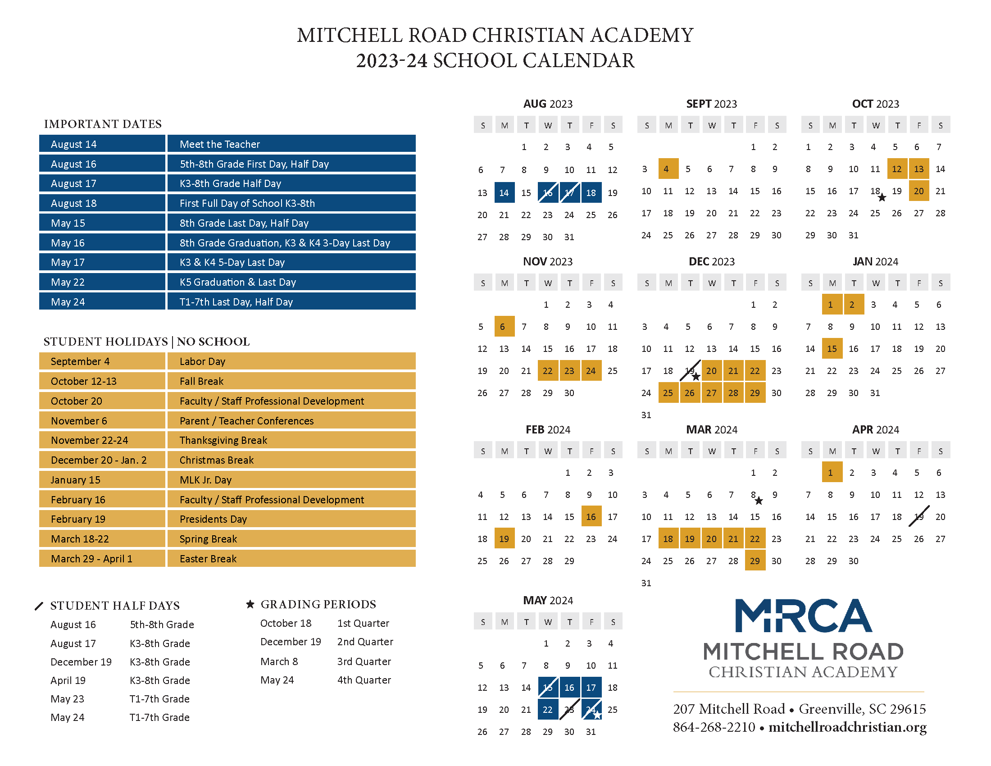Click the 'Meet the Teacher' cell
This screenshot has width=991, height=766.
point(291,143)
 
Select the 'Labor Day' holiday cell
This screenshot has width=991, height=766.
point(291,361)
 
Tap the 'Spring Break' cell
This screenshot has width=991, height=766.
point(291,538)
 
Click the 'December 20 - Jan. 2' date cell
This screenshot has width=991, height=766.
point(102,460)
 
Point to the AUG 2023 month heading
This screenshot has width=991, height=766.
point(548,104)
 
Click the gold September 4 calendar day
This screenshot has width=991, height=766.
point(668,169)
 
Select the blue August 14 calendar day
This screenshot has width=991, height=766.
point(504,192)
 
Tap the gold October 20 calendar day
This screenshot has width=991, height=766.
point(919,191)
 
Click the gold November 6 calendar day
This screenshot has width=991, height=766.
point(504,326)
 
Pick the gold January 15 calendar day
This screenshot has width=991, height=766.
point(832,348)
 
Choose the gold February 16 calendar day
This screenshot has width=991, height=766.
point(591,516)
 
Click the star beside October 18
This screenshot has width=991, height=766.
point(882,197)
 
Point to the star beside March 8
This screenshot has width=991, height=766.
point(759,501)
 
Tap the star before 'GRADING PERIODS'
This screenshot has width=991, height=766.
point(250,604)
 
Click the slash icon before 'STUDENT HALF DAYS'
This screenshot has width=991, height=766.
point(39,606)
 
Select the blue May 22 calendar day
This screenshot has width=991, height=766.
point(548,709)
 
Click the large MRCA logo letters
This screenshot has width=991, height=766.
point(803,616)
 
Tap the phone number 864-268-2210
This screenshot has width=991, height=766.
point(714,727)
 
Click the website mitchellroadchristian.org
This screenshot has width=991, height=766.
point(848,727)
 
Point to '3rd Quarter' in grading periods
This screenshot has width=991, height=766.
point(364,661)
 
